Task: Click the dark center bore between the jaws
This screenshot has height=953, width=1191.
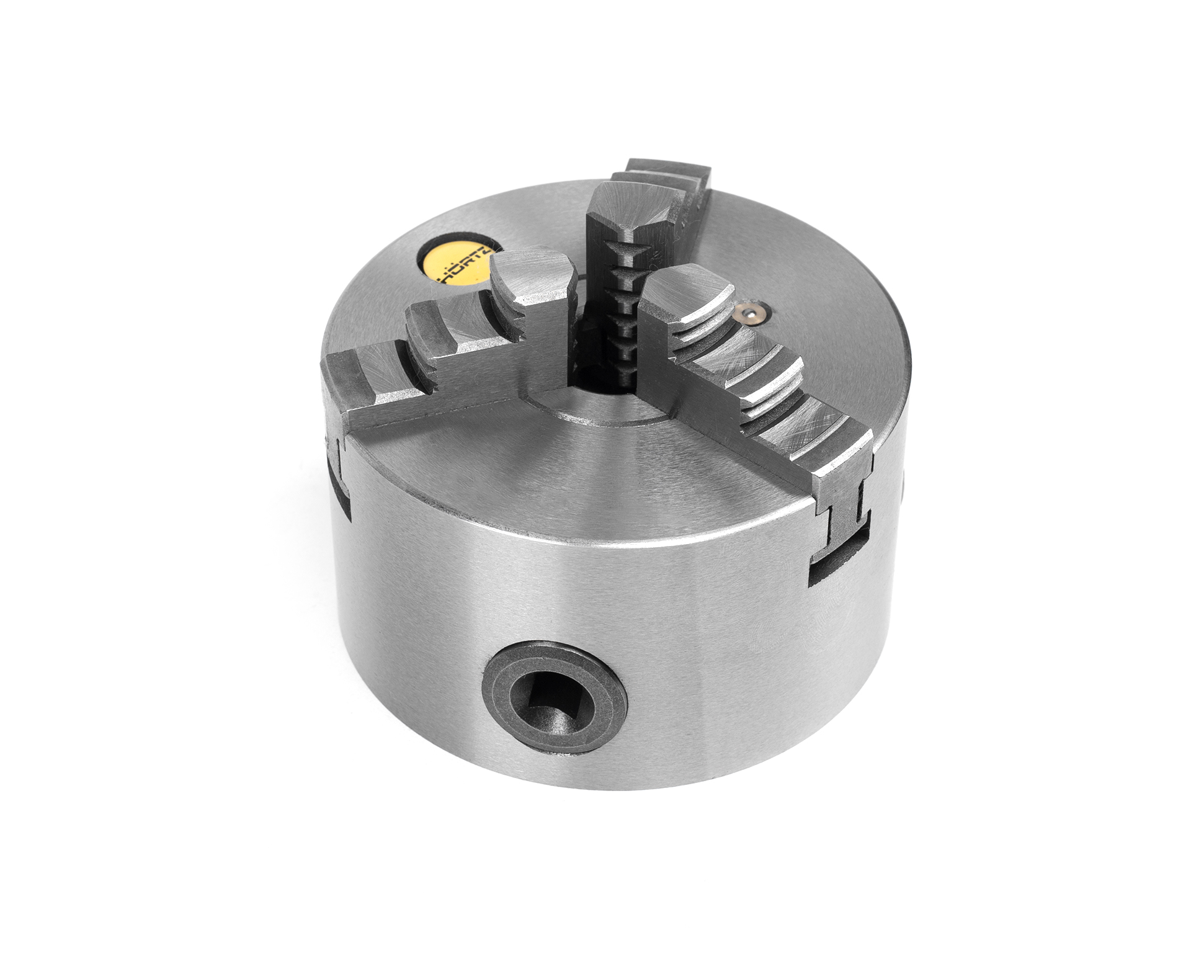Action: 592,375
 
